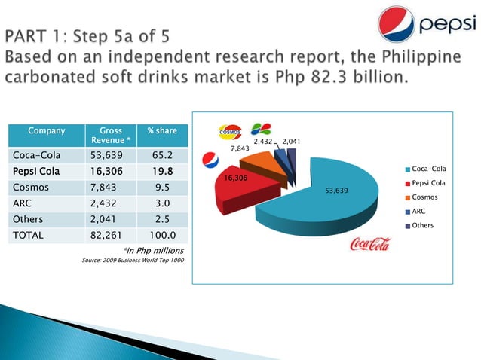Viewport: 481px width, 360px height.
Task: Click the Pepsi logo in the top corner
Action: point(430,25)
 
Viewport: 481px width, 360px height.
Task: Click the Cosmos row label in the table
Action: point(29,187)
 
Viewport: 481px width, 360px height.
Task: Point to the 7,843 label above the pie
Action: point(240,149)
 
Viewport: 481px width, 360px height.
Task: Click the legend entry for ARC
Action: point(418,212)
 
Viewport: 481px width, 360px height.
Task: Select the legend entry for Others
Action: point(422,226)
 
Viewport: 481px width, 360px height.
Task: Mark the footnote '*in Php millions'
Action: point(153,249)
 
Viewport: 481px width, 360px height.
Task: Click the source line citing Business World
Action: point(133,261)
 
